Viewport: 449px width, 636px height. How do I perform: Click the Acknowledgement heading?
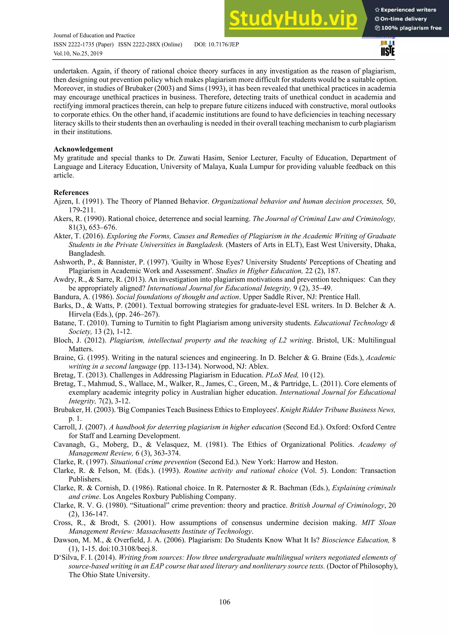coord(83,149)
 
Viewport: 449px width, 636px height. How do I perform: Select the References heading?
coord(71,193)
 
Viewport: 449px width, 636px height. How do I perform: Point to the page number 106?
coord(224,602)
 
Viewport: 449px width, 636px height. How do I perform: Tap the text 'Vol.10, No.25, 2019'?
coord(78,54)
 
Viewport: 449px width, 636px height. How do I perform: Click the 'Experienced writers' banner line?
coord(406,10)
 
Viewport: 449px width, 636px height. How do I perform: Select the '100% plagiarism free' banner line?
coord(408,28)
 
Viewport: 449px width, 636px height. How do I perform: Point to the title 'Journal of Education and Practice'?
coord(94,36)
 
